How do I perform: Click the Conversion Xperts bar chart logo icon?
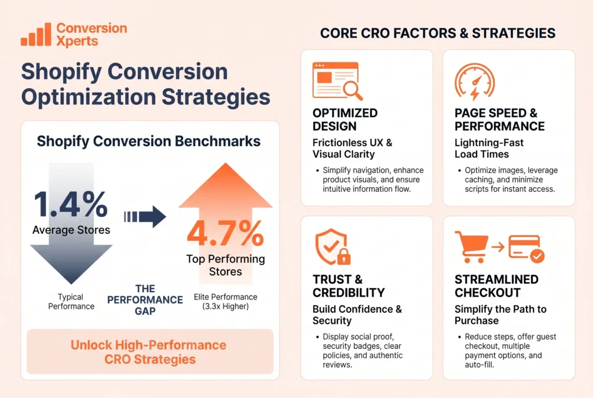pos(35,35)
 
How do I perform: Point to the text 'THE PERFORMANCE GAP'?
pos(145,300)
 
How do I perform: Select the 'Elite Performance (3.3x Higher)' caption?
pos(225,301)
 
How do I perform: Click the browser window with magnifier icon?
pos(337,82)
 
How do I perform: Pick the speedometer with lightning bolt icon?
pos(474,82)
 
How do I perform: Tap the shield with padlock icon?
pos(331,249)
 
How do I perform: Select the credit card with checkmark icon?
pos(525,247)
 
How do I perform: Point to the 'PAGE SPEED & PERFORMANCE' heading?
pos(499,119)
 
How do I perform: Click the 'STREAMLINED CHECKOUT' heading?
pos(496,286)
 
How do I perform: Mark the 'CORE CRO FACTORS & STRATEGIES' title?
pos(437,33)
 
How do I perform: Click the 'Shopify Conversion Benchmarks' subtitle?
pos(149,141)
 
